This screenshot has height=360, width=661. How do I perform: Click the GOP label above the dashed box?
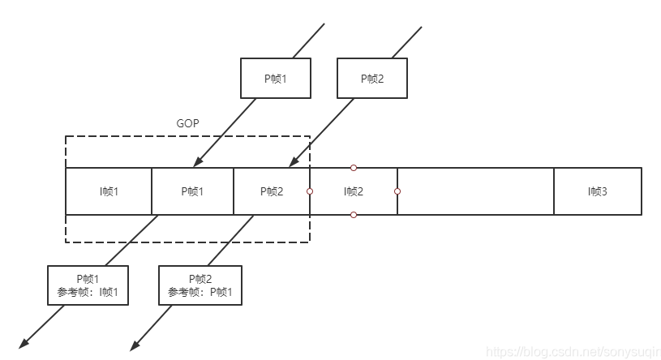[187, 124]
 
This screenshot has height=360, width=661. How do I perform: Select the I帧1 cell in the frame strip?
[109, 191]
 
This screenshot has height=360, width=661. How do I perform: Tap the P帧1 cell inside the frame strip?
[192, 191]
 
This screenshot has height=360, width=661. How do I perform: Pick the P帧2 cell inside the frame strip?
[272, 191]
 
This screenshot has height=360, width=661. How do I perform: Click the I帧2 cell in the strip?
[353, 191]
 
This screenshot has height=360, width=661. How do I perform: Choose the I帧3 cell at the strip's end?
[598, 191]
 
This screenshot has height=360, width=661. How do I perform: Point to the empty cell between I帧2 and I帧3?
[475, 191]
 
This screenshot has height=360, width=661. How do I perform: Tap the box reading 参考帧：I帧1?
[88, 285]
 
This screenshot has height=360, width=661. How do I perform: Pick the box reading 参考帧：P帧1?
[200, 285]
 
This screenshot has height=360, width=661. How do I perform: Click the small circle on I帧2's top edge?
[354, 168]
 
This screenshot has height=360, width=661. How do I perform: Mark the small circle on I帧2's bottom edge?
[354, 215]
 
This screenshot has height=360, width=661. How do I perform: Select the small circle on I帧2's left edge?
[310, 191]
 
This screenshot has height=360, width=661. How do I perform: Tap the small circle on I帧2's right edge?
[397, 191]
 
